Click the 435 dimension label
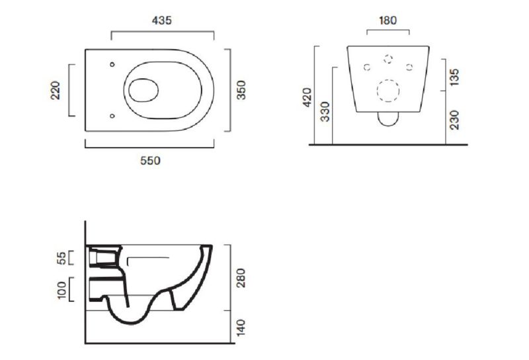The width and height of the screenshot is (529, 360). point(161,21)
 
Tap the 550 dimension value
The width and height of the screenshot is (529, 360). point(151,161)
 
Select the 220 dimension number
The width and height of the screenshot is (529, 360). point(56,90)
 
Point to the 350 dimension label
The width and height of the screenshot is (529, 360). point(241,90)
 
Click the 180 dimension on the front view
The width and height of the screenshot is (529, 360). point(387,21)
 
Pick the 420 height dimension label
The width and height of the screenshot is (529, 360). point(307,97)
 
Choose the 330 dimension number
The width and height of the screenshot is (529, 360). point(325,111)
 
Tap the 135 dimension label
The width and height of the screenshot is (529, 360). point(454,77)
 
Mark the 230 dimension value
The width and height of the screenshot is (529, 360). point(454,120)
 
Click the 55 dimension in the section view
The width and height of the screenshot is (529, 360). point(61,258)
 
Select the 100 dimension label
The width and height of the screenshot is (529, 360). point(61,290)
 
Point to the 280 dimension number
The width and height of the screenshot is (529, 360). point(241,278)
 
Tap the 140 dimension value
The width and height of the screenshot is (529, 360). point(241,328)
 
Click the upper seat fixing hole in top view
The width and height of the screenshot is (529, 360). point(112,64)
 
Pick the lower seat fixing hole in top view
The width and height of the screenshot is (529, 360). point(112,116)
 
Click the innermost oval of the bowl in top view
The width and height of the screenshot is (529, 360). point(143,79)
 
